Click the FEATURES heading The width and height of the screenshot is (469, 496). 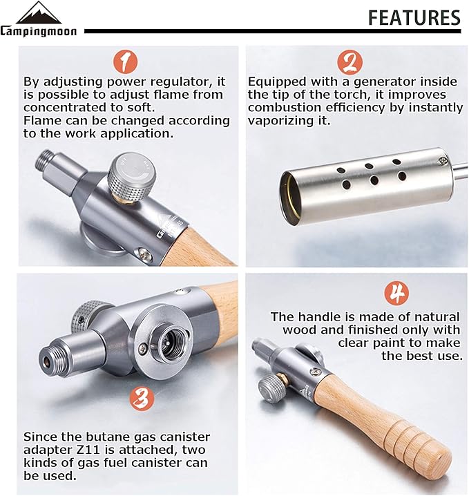pos(414,17)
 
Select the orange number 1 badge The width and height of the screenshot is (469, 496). pos(126,62)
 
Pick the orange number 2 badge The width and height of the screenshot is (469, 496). pos(350,62)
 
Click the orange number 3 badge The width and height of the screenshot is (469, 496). pos(142,398)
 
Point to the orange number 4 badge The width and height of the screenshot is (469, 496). pos(396,293)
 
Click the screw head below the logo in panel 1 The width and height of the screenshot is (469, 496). pos(143,252)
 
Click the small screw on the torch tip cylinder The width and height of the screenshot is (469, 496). pos(441,162)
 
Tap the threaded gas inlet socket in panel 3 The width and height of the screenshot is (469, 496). pos(166,342)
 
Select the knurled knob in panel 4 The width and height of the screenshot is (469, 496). pos(272,389)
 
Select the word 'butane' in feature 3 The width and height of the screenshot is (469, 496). pos(105,437)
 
